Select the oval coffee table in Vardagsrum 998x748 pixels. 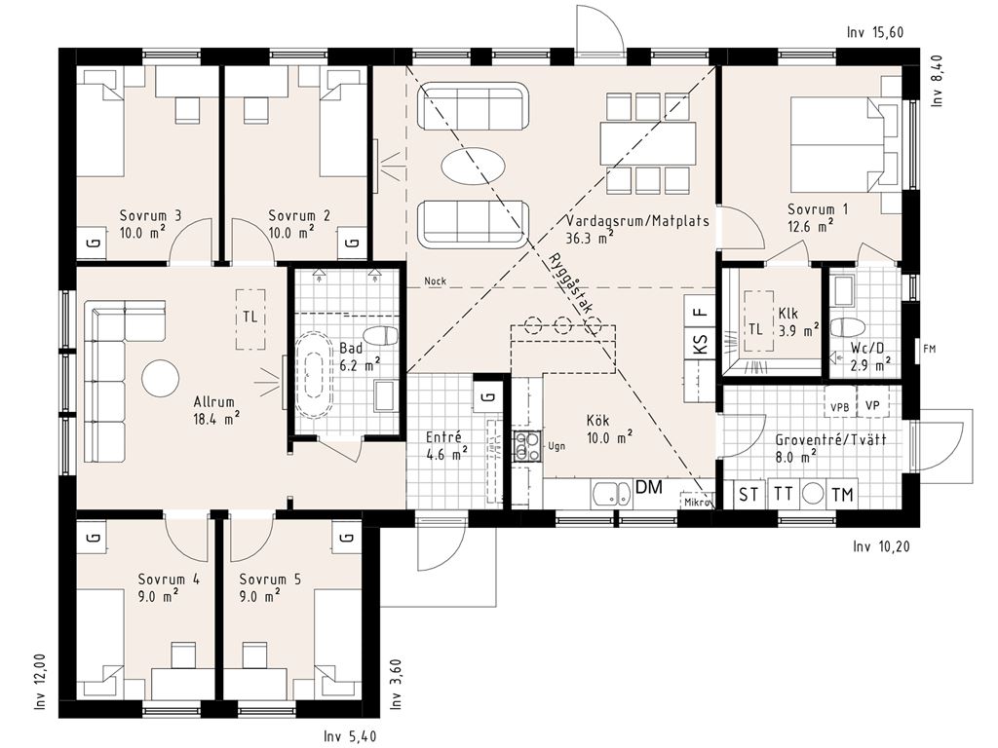(x=474, y=166)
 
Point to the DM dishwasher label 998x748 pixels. (x=649, y=488)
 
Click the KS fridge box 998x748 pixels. (x=700, y=344)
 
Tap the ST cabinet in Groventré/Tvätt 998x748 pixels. (x=749, y=494)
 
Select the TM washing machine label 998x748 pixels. (x=842, y=495)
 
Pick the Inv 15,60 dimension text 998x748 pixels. (x=875, y=32)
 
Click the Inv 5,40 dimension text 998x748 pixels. (x=350, y=736)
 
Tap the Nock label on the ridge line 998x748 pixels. (x=436, y=281)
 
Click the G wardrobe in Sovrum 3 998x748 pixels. (x=92, y=243)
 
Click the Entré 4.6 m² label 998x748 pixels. (x=446, y=445)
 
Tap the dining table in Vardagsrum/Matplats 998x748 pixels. (x=648, y=144)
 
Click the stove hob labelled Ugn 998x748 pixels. (x=527, y=445)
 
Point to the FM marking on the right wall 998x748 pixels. (x=929, y=350)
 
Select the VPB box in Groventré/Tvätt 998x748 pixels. (x=840, y=407)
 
